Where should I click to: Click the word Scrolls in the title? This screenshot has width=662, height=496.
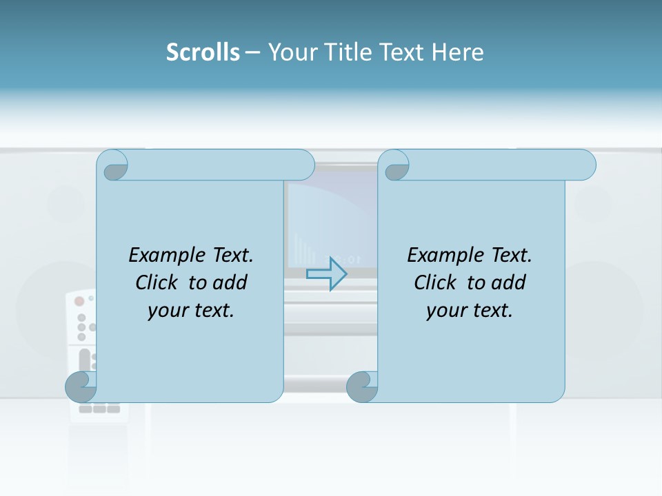(x=203, y=52)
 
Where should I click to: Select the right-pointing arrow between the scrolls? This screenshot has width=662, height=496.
(x=326, y=273)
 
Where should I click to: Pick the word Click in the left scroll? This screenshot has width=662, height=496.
(x=158, y=282)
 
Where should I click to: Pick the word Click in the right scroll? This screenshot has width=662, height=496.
(x=436, y=282)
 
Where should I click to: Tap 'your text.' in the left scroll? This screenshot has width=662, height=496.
(x=191, y=310)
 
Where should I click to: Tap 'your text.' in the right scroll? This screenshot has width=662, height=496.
(x=470, y=310)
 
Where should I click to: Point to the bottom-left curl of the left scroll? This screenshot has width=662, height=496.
(x=80, y=386)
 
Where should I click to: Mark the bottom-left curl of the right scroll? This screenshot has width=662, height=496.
(x=361, y=386)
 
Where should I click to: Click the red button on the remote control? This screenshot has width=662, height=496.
(x=79, y=301)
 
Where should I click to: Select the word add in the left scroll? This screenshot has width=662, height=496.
(x=230, y=282)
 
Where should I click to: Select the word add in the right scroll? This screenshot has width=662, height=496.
(x=509, y=282)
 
